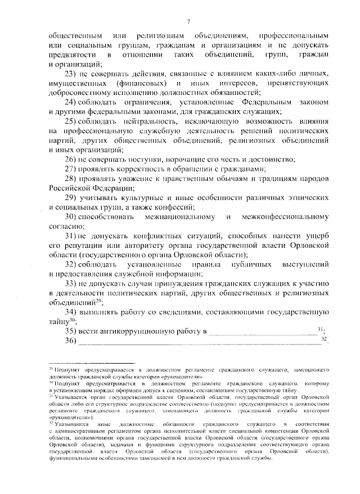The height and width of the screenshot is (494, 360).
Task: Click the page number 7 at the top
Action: coord(188,21)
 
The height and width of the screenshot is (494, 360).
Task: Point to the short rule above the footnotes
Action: coord(93,363)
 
